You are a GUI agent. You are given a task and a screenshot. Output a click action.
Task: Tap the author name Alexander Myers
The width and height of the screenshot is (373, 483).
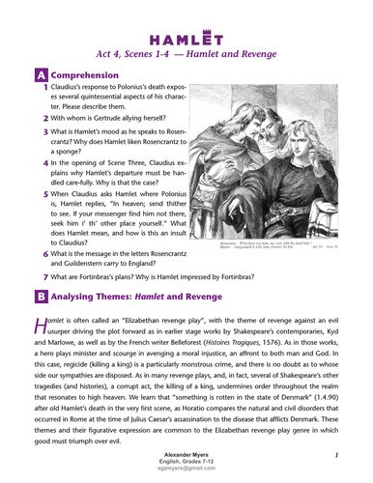[186, 453]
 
